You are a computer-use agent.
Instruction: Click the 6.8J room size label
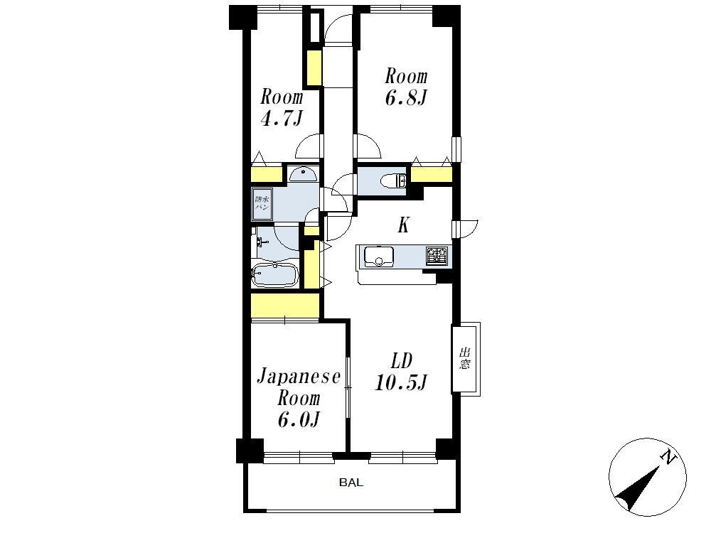coord(406,98)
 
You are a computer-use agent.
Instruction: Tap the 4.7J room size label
coord(281,119)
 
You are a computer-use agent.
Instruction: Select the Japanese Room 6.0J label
coord(299,398)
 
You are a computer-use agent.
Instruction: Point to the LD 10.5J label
coord(401,372)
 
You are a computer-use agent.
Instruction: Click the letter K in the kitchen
coord(404,225)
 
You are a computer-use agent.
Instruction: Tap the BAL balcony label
coord(351,483)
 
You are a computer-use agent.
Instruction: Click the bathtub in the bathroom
coord(274,274)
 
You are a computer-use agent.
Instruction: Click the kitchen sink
coord(379,257)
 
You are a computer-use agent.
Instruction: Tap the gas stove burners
coord(437,256)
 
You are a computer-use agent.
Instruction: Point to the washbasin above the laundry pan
coord(303,173)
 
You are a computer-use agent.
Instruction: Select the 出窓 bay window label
coord(464,358)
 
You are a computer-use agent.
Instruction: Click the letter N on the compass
coord(667,457)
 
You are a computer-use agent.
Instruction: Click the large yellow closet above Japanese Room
coord(285,306)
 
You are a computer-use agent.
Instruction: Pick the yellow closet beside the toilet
coord(432,175)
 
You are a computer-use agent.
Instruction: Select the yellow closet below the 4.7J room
coord(267,175)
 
